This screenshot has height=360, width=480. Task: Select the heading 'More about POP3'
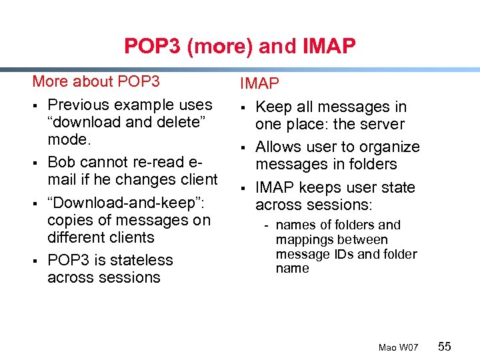[x=96, y=81]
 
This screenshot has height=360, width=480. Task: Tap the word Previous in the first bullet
[x=79, y=105]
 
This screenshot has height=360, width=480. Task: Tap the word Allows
[x=279, y=147]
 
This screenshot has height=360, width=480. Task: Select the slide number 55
[x=445, y=346]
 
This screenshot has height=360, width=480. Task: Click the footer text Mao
[x=387, y=347]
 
